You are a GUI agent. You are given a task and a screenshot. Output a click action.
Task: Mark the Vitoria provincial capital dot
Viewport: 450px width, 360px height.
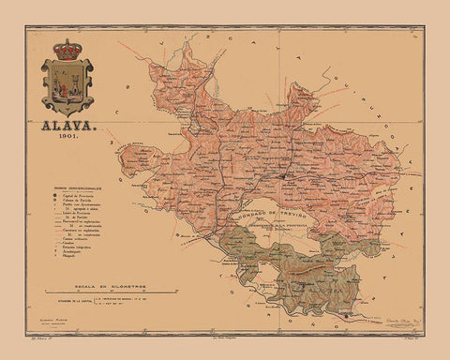click(x=284, y=173)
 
